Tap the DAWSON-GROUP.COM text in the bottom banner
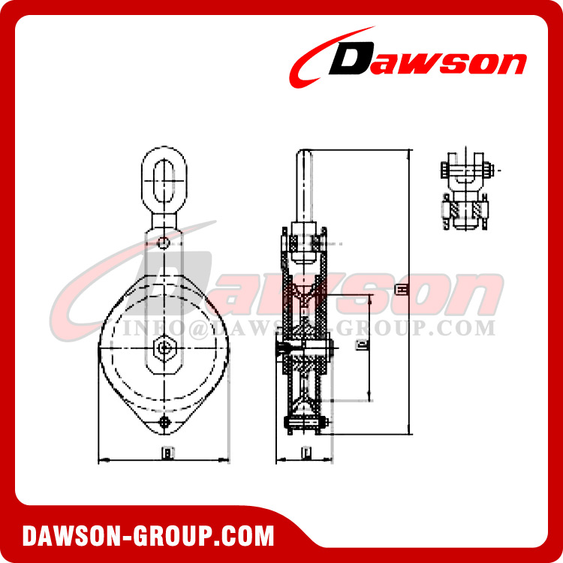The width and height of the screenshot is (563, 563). tap(149, 536)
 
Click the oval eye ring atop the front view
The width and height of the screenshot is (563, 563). tap(164, 180)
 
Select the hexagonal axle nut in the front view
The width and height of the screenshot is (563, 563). tap(163, 348)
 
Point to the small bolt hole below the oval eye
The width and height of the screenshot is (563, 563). tap(164, 242)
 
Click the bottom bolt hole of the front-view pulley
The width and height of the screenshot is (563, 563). tap(164, 425)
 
